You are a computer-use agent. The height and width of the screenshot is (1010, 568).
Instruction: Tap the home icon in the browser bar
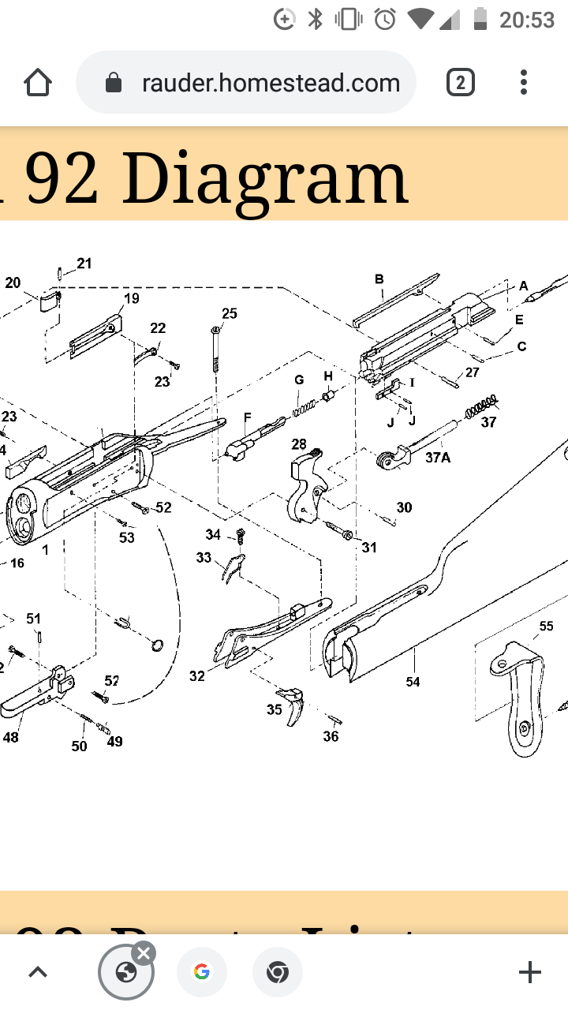click(37, 83)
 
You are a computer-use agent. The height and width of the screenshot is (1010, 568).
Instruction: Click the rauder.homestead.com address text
click(271, 83)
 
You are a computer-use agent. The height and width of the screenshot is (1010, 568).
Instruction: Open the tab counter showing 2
click(461, 83)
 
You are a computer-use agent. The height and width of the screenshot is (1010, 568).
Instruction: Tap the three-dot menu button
click(524, 83)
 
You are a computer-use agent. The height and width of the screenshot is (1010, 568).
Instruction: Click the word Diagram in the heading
click(264, 178)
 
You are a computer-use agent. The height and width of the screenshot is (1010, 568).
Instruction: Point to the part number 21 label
click(84, 264)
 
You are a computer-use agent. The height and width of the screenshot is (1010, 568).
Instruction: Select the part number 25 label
click(229, 314)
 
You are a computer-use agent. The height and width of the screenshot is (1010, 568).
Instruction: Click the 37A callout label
click(438, 457)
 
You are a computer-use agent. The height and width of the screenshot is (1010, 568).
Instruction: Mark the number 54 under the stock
click(413, 682)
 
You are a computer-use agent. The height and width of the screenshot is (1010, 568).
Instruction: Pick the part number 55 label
click(546, 627)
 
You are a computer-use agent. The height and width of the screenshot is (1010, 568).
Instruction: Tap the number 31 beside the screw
click(369, 548)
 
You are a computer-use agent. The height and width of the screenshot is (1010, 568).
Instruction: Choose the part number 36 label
click(331, 736)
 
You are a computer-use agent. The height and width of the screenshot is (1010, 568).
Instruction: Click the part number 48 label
click(10, 738)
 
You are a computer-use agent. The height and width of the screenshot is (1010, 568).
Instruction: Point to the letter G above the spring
click(299, 380)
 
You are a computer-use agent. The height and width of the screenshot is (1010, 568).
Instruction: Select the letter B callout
click(379, 279)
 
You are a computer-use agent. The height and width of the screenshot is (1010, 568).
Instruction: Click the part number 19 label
click(131, 298)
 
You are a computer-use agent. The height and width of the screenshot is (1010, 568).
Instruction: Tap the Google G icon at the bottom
click(202, 972)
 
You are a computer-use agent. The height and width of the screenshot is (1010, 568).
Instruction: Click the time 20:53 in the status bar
click(527, 20)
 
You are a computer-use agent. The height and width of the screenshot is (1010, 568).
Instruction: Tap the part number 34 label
click(213, 535)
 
